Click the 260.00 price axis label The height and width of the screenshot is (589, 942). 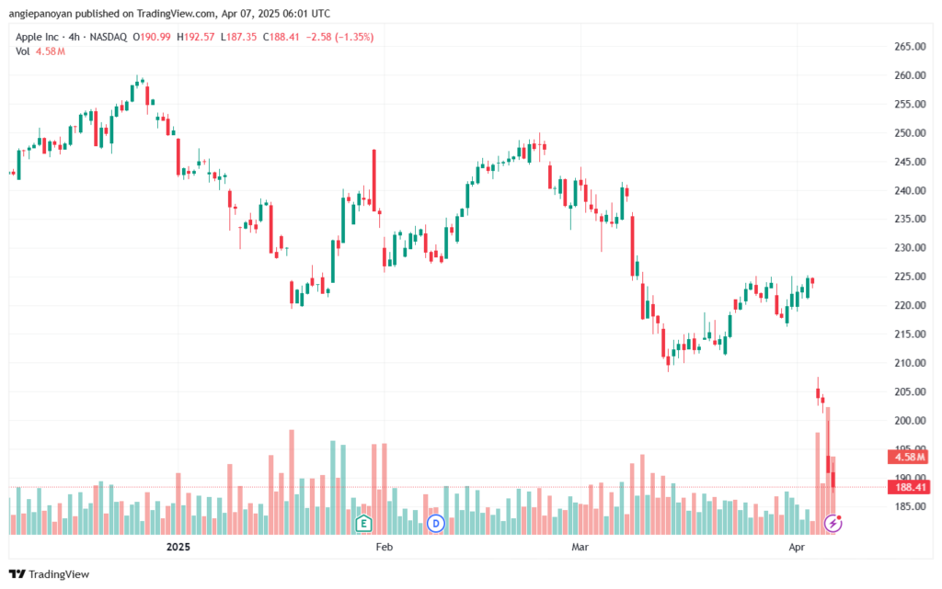click(x=910, y=75)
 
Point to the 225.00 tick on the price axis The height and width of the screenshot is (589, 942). click(x=910, y=277)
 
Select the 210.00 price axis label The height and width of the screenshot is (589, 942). click(x=910, y=363)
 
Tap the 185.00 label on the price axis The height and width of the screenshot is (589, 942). click(x=910, y=507)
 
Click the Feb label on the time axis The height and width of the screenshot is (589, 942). click(x=384, y=547)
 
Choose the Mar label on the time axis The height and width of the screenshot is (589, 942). click(x=580, y=547)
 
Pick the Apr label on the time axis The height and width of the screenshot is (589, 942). click(x=797, y=547)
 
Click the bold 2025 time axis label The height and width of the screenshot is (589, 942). click(x=178, y=547)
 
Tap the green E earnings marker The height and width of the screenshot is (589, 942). click(x=362, y=524)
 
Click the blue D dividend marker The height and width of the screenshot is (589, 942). click(x=435, y=524)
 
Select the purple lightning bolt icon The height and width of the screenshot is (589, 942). click(x=833, y=523)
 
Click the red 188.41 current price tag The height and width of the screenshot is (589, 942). click(x=909, y=487)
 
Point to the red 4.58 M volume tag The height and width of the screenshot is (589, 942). click(x=909, y=457)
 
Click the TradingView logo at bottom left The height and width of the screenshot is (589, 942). click(x=50, y=574)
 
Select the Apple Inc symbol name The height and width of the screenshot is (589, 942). click(x=37, y=37)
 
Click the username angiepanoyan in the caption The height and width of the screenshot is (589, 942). click(x=40, y=14)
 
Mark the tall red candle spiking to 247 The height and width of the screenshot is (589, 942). click(x=374, y=180)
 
